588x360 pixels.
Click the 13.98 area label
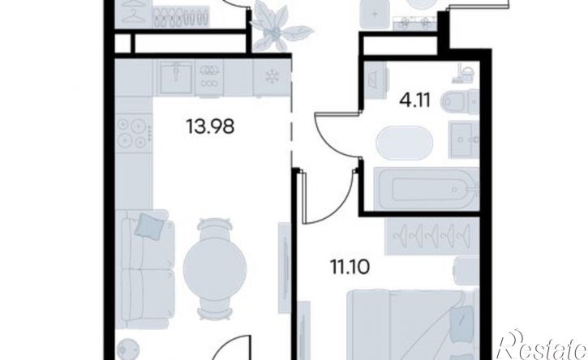coord(210,126)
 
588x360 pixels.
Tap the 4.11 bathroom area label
coord(414,100)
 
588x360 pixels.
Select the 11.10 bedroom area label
coord(350,267)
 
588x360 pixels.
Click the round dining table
coord(215,268)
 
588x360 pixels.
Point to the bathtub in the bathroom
coord(427,189)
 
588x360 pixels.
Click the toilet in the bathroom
coord(460,101)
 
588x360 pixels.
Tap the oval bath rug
coord(404,143)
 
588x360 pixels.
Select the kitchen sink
coord(175,77)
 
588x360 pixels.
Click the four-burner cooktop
coord(132,132)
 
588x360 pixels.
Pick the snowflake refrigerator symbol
coord(272,77)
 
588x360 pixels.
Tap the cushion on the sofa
coord(150,225)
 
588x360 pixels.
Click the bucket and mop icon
coord(463,74)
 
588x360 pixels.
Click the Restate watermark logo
coord(542,345)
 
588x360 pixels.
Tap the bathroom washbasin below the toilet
coord(464,139)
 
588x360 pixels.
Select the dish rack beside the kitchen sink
coord(209,77)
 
